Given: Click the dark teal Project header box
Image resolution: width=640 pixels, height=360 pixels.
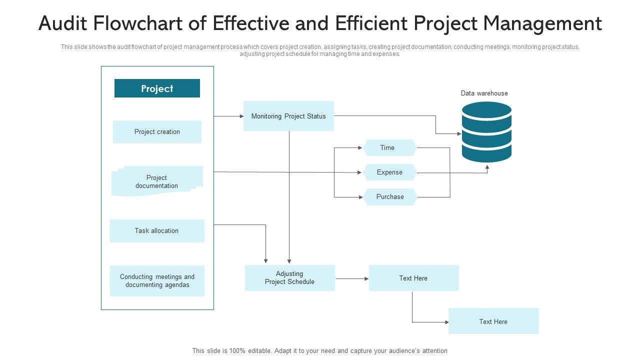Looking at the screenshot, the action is tap(157, 88).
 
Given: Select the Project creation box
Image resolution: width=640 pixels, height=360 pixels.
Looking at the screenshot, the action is tap(157, 131).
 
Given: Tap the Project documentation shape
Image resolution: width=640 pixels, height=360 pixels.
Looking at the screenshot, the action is tap(157, 181).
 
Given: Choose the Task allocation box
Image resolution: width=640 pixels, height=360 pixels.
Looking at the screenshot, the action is tap(157, 231).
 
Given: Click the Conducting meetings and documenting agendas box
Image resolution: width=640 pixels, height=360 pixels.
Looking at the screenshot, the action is tap(157, 281).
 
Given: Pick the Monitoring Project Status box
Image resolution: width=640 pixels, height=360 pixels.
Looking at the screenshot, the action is tap(288, 116).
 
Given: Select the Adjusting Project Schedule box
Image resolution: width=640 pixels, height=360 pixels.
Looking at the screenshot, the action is tap(289, 278).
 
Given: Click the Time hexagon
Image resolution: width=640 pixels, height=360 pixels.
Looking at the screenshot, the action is tap(389, 147).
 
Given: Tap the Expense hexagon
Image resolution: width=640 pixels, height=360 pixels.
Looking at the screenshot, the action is tap(389, 172).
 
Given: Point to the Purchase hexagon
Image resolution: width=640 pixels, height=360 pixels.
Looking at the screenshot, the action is tap(390, 197).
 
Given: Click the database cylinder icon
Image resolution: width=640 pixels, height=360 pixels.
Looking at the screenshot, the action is tap(486, 132).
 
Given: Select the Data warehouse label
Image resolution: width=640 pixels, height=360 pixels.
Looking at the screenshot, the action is tap(484, 93).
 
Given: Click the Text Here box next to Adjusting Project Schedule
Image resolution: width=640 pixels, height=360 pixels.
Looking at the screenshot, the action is tap(413, 278).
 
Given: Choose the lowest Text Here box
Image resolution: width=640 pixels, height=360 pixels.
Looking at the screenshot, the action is tap(493, 321).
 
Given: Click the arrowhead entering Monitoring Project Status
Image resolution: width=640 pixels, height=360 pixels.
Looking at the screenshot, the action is tap(241, 116).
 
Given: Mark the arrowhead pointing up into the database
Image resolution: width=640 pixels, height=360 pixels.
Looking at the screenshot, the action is tap(487, 167).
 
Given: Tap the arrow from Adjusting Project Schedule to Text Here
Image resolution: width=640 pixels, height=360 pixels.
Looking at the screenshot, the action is tap(352, 278).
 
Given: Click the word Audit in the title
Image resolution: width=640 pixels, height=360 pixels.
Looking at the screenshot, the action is tap(62, 23).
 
